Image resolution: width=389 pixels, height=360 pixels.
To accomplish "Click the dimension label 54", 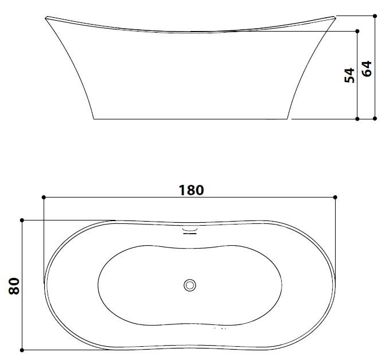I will pyautogui.click(x=349, y=75).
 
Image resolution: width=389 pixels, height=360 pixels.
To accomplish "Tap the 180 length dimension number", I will pyautogui.click(x=191, y=190).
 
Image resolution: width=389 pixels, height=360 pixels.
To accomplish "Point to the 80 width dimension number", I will pyautogui.click(x=14, y=285).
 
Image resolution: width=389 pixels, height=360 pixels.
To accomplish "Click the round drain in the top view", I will pyautogui.click(x=190, y=284).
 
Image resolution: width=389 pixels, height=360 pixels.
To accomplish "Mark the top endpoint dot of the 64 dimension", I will pyautogui.click(x=375, y=16).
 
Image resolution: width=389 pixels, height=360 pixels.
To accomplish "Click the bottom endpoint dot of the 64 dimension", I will pyautogui.click(x=375, y=119).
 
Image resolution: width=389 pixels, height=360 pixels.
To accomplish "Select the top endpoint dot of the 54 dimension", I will pyautogui.click(x=358, y=31).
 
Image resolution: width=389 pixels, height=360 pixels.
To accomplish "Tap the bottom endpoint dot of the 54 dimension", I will pyautogui.click(x=358, y=119).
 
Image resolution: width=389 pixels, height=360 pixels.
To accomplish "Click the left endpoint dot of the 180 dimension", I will pyautogui.click(x=44, y=198).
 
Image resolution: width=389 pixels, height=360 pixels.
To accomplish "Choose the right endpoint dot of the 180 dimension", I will pyautogui.click(x=336, y=198).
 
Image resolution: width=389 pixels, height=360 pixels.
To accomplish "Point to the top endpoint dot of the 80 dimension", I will pyautogui.click(x=22, y=220).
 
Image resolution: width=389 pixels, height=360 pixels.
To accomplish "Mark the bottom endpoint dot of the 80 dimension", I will pyautogui.click(x=22, y=350).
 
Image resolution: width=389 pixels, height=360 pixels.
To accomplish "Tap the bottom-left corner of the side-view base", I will pyautogui.click(x=94, y=119).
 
